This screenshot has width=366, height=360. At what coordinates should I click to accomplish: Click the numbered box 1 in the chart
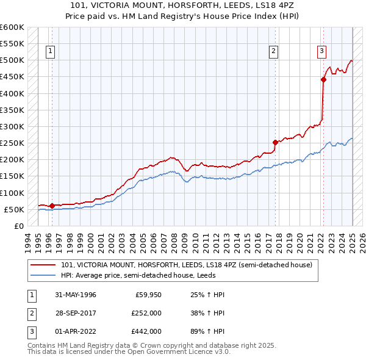49,51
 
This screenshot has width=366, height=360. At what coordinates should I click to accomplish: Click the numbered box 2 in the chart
274,51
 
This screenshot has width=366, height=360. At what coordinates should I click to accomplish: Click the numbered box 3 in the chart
321,51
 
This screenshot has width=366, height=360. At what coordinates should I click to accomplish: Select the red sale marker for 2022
323,79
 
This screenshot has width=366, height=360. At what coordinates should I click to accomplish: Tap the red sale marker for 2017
276,142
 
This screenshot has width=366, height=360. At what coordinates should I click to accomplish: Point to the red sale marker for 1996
52,206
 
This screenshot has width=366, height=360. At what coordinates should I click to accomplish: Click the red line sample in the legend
44,265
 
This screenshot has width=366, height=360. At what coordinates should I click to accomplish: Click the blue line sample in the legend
44,275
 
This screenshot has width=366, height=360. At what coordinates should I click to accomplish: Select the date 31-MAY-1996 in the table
74,295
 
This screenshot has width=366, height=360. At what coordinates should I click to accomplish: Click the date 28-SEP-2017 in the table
74,313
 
